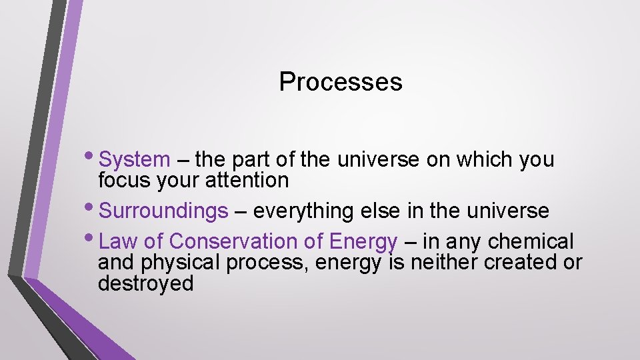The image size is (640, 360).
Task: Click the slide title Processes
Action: point(340,82)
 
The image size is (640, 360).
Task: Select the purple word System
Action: point(134,160)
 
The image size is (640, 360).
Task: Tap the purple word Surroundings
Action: point(163,211)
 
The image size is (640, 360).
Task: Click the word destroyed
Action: point(145,283)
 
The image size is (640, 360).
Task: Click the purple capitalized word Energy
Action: point(363,241)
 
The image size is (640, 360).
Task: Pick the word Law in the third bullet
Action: point(118,241)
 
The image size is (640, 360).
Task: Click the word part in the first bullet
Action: point(255,160)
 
